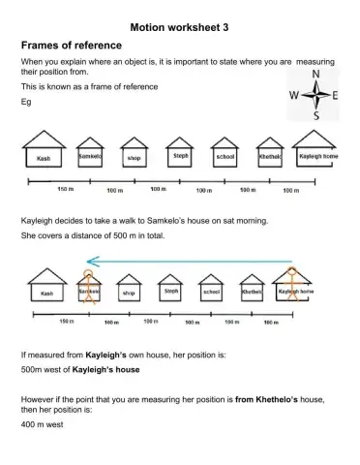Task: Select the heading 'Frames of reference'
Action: click(x=71, y=46)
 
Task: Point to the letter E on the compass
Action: click(x=336, y=95)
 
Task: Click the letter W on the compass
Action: click(x=295, y=95)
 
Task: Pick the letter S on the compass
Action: click(x=315, y=116)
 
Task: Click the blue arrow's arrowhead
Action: click(x=90, y=260)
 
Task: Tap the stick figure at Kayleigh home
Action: click(x=287, y=288)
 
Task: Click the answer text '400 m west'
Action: click(x=42, y=423)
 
